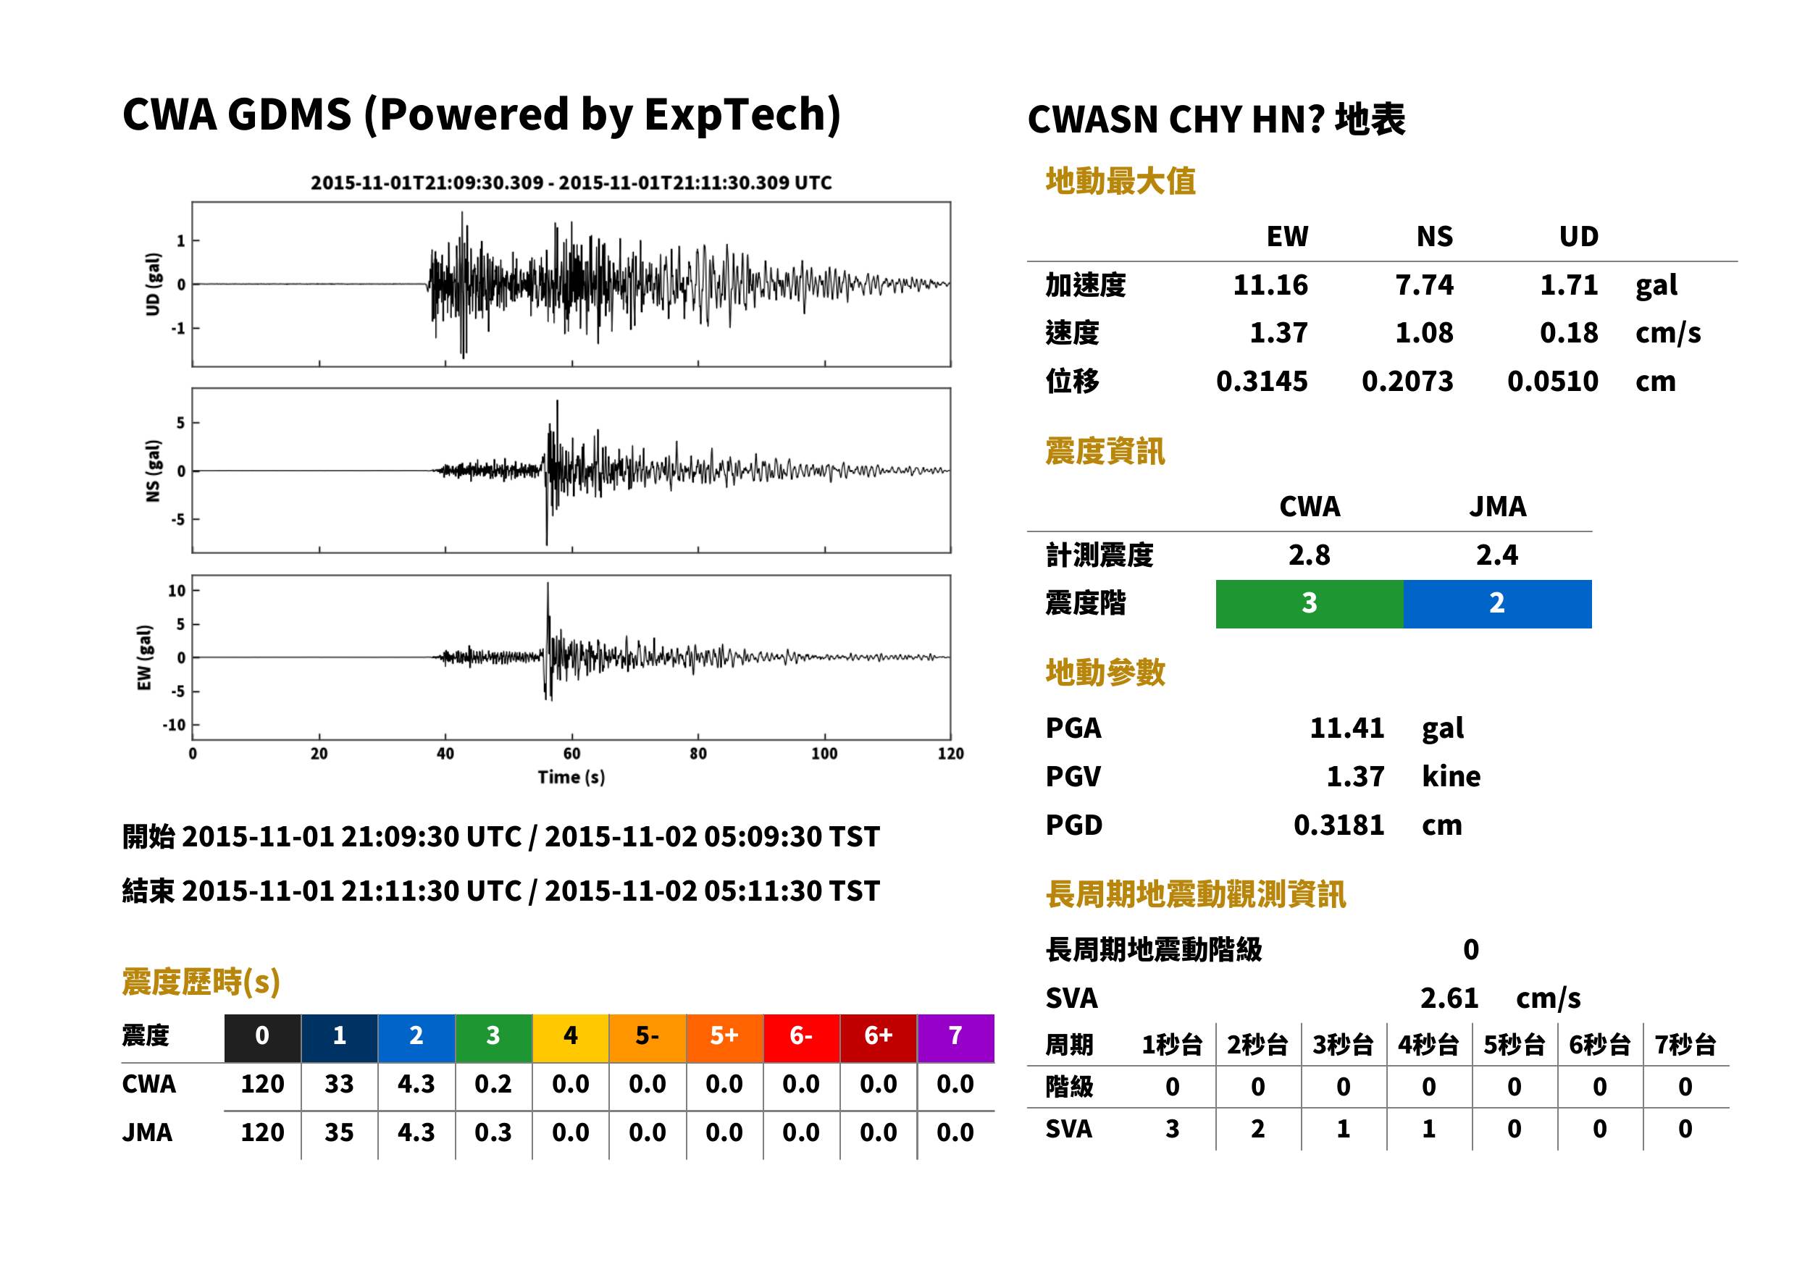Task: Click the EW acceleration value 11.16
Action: click(1270, 285)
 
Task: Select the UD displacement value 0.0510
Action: click(1552, 382)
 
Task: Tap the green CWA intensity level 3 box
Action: click(1310, 604)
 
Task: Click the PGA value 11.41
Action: click(1346, 728)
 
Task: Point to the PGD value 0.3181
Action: click(1339, 825)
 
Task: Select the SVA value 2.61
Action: click(1449, 998)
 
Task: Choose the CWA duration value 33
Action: click(339, 1084)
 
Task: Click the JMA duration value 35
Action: click(339, 1133)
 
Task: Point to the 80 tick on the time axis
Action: click(698, 754)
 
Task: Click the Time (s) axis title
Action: click(571, 778)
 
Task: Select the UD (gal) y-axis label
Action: click(153, 285)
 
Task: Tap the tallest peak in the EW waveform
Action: click(548, 584)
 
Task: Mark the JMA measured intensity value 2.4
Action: click(1496, 555)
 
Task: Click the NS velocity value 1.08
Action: click(1424, 333)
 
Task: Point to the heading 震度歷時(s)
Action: click(201, 982)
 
